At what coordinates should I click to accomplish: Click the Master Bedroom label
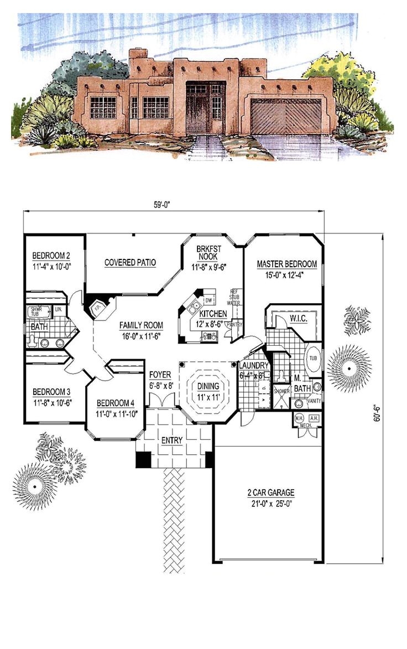pyautogui.click(x=286, y=264)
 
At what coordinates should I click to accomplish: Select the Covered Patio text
pyautogui.click(x=130, y=262)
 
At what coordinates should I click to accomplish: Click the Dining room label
pyautogui.click(x=210, y=386)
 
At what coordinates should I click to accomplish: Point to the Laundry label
pyautogui.click(x=254, y=366)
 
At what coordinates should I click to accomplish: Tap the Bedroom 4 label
pyautogui.click(x=117, y=403)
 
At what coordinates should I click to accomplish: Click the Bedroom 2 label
pyautogui.click(x=51, y=256)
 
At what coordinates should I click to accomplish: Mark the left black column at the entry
pyautogui.click(x=143, y=459)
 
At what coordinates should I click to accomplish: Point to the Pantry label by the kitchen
pyautogui.click(x=234, y=324)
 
